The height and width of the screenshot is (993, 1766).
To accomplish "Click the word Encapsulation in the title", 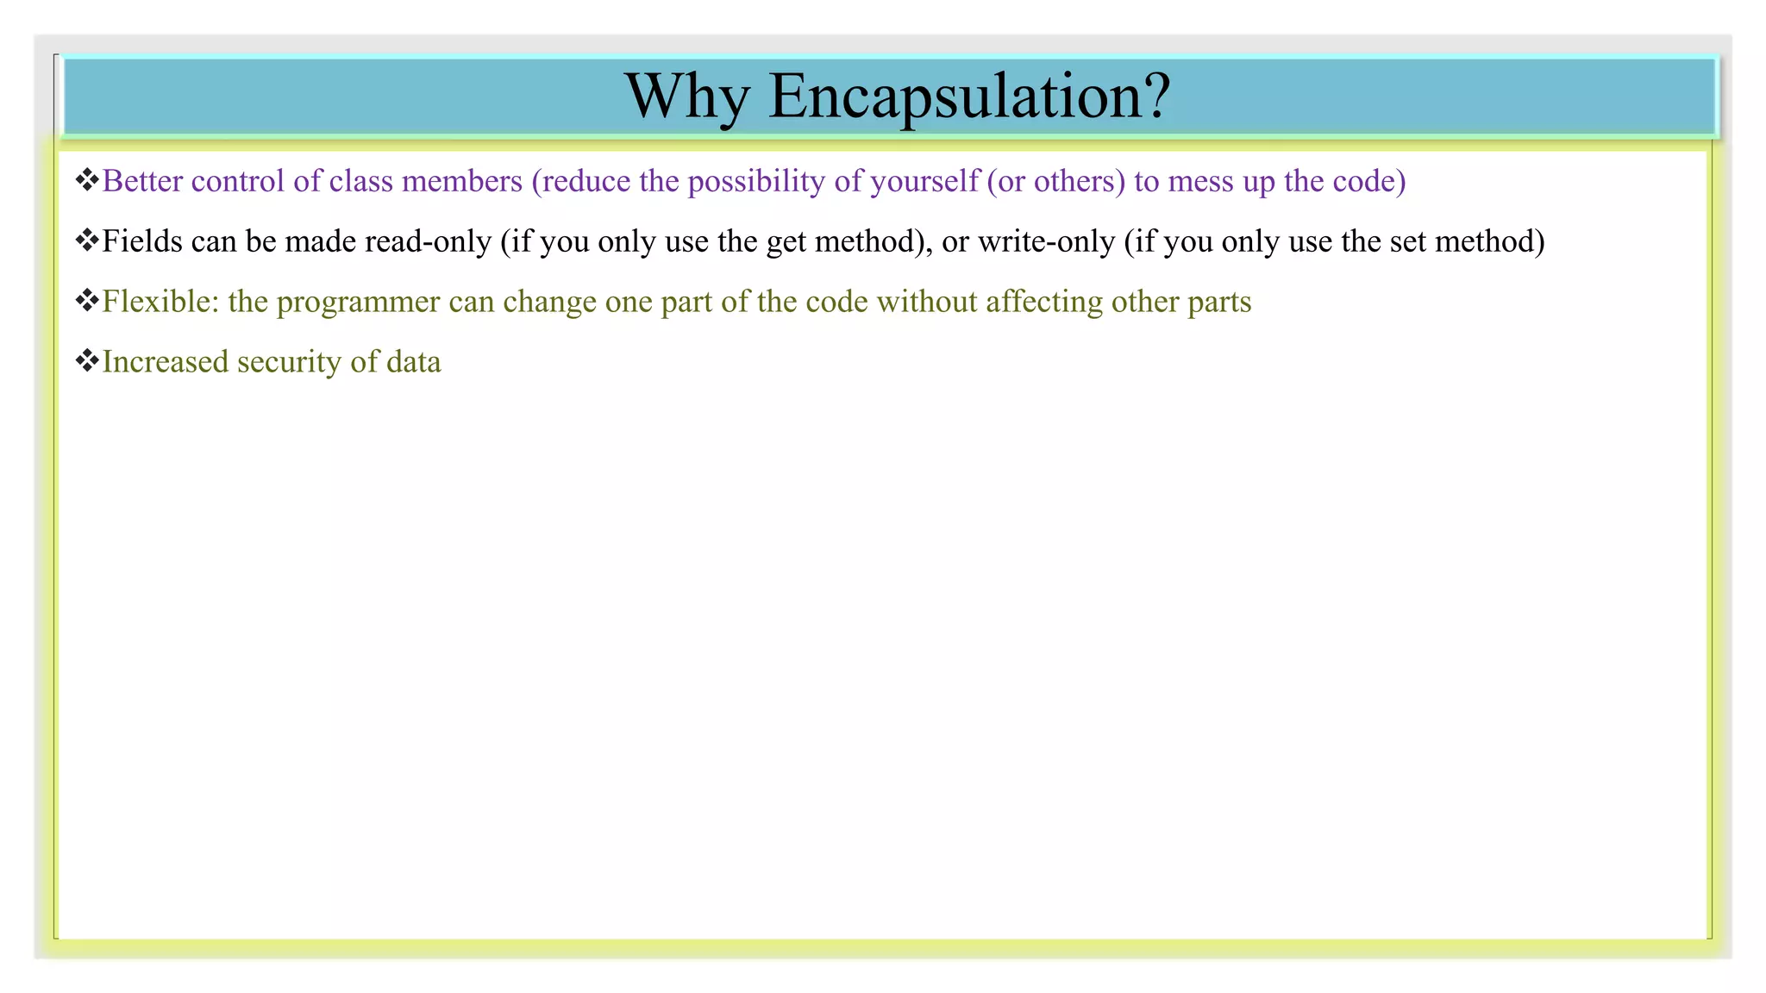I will (968, 97).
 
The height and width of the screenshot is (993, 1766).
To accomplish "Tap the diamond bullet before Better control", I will (87, 180).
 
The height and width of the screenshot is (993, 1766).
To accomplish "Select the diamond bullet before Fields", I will (87, 240).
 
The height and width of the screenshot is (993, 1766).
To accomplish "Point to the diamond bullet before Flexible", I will (87, 301).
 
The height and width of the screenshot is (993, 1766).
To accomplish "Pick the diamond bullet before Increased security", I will (87, 361).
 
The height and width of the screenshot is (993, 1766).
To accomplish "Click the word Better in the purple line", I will (142, 181).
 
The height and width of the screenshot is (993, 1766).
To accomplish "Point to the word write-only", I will (1046, 241).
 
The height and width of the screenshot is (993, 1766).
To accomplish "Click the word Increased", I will (165, 362).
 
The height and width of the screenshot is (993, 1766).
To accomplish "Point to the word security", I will (289, 362).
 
